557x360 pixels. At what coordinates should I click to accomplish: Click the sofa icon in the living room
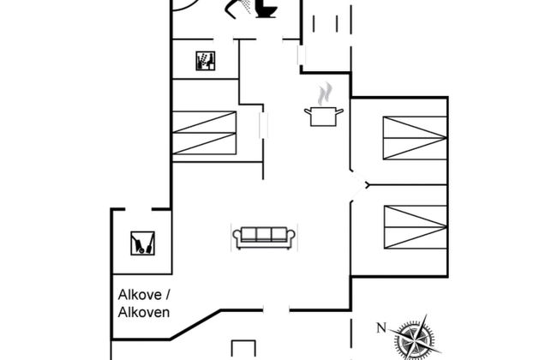(x=264, y=237)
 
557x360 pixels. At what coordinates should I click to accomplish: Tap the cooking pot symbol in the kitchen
(x=324, y=117)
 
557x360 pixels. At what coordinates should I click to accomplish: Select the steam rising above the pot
(x=325, y=93)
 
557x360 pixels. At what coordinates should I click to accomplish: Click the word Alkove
(x=140, y=295)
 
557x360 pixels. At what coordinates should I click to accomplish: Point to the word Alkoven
(x=144, y=312)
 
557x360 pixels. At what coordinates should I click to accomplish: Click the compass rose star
(x=414, y=336)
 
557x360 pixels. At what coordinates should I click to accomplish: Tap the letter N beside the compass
(x=381, y=327)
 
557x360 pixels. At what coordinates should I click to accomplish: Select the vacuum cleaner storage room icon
(x=142, y=243)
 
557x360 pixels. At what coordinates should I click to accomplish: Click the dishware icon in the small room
(x=206, y=61)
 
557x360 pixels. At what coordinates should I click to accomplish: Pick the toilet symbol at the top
(x=266, y=9)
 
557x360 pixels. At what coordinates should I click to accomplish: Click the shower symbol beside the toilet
(x=238, y=8)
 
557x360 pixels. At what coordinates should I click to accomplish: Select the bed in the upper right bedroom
(x=415, y=138)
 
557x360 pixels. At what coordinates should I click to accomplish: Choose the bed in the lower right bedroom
(x=416, y=227)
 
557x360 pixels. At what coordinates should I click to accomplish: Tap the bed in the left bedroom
(x=204, y=133)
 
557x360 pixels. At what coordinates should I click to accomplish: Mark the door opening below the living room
(x=277, y=310)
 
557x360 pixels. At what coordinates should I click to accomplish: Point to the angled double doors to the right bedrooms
(x=360, y=185)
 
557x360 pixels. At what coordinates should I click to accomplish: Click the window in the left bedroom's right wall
(x=263, y=125)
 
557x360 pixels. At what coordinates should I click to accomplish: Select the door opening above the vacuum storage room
(x=139, y=209)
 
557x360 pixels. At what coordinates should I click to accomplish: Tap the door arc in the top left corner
(x=185, y=6)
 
